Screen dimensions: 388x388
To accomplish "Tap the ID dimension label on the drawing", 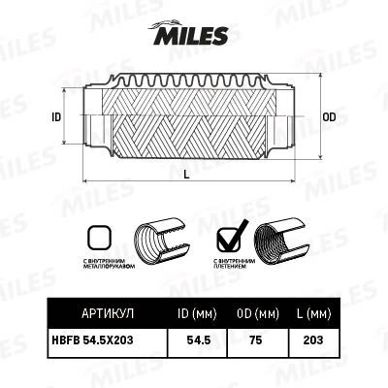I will [x=56, y=116].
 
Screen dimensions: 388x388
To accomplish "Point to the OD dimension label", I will [x=329, y=116].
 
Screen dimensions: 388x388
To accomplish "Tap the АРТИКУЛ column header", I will [x=100, y=313].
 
